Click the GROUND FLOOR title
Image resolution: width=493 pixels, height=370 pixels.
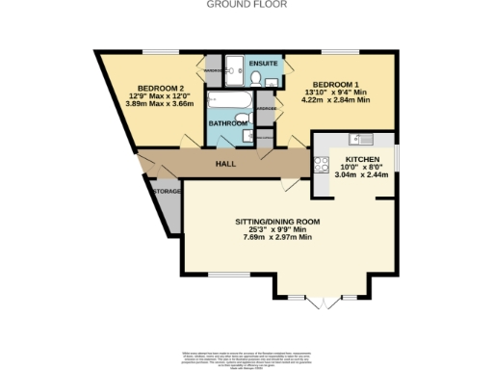(246, 5)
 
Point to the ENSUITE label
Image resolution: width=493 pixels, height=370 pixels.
(263, 64)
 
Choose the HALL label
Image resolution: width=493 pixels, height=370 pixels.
(225, 164)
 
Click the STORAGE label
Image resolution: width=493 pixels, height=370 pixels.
(168, 192)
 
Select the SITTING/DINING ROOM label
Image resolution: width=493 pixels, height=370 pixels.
(277, 222)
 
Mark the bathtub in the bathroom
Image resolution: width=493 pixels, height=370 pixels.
(230, 101)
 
